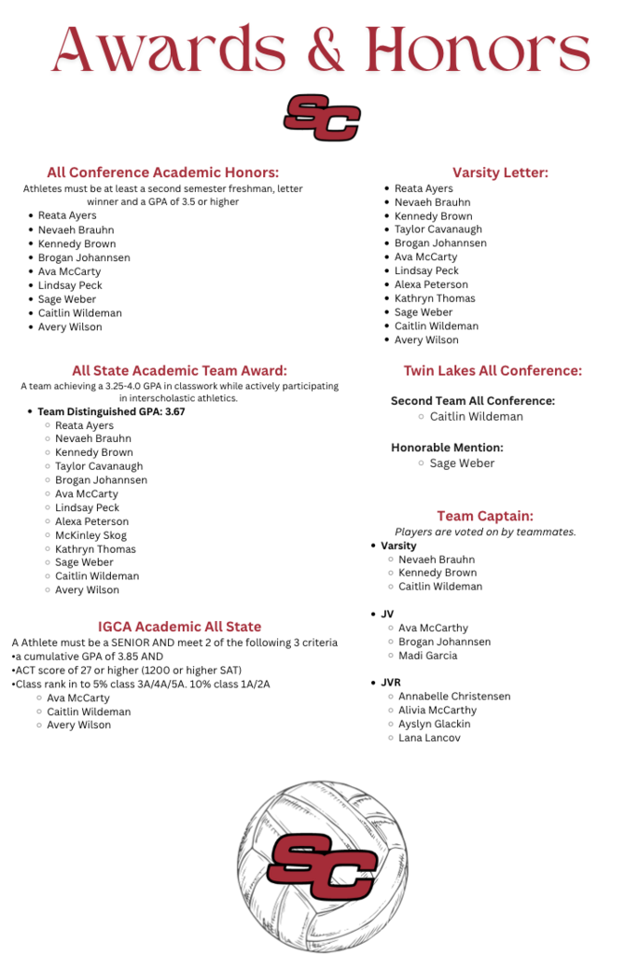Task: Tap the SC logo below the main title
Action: [x=322, y=117]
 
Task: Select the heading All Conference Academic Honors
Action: [x=163, y=173]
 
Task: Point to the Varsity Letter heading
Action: [x=500, y=173]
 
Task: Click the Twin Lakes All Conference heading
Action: [x=493, y=370]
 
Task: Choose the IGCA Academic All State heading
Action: [x=179, y=627]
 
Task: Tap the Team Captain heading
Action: [x=485, y=516]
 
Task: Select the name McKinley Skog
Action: [x=90, y=535]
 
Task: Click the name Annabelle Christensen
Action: [x=454, y=697]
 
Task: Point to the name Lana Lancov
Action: [x=429, y=738]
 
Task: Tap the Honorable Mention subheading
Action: [x=447, y=448]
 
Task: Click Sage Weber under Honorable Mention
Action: [x=462, y=464]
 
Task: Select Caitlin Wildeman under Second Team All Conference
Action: [x=476, y=417]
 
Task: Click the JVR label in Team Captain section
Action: [x=391, y=683]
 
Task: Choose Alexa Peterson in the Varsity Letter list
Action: [x=431, y=284]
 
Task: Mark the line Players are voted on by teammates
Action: [x=485, y=532]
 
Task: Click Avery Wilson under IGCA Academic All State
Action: [x=78, y=725]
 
